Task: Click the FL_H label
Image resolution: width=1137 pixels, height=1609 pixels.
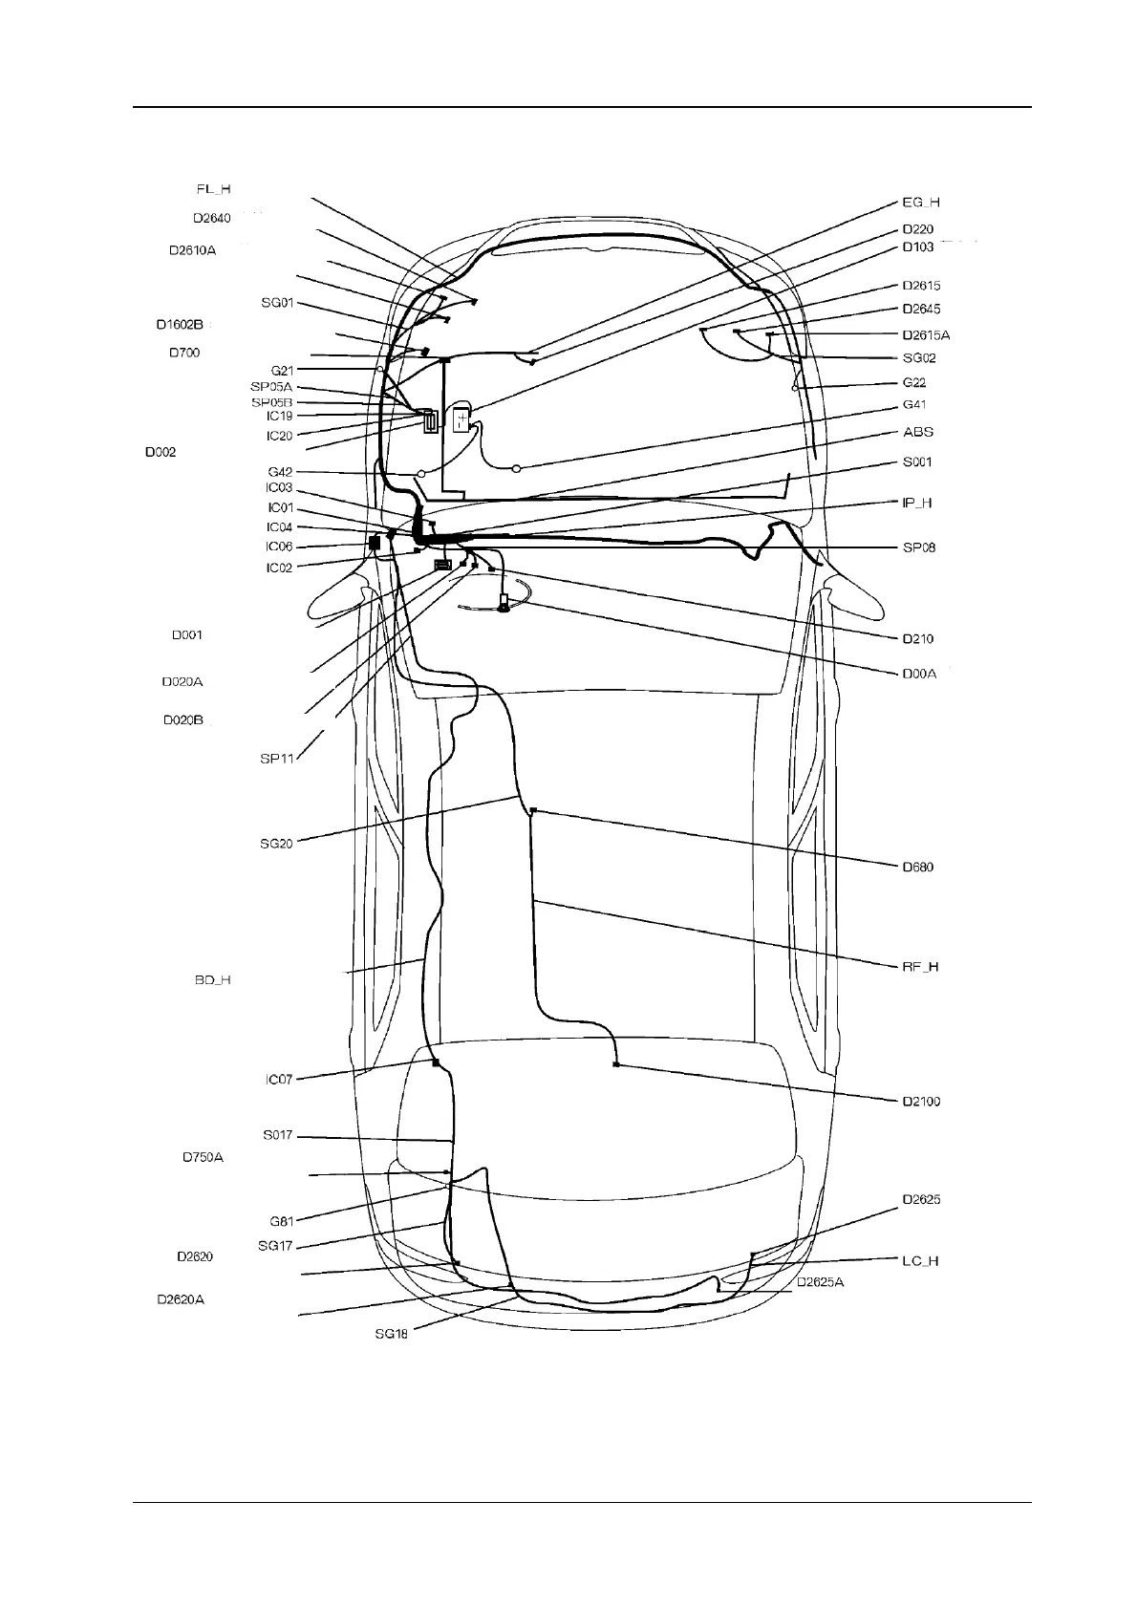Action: pos(213,189)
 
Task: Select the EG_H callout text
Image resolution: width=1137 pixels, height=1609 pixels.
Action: pos(921,203)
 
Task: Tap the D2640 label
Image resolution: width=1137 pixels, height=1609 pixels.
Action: pos(211,218)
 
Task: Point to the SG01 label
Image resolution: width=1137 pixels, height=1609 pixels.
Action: pos(277,303)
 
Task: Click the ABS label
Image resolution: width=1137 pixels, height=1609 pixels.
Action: pos(918,432)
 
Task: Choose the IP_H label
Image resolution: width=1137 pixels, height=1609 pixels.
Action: pos(917,503)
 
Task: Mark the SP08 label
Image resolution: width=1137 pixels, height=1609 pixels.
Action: pos(919,547)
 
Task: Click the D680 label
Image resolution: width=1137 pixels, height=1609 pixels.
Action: pos(918,868)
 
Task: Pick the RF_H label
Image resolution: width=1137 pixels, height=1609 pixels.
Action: pos(920,967)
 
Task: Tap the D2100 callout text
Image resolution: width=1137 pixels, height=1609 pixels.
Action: pos(921,1102)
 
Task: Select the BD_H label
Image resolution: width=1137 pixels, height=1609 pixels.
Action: pos(212,980)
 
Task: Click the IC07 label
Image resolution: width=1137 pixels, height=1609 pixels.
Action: pos(279,1080)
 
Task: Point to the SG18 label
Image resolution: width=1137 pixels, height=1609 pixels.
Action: pos(392,1334)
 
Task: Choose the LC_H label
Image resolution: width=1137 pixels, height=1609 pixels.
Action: pos(920,1261)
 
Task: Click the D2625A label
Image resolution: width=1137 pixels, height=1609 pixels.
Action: pos(821,1282)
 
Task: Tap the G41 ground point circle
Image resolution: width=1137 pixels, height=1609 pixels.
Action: pos(516,468)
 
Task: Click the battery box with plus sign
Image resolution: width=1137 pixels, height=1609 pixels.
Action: pos(463,420)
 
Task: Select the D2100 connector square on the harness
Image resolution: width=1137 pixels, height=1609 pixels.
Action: pos(616,1064)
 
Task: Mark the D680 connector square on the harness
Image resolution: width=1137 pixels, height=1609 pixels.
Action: pos(532,810)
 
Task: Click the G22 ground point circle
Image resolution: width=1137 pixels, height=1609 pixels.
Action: pos(795,388)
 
